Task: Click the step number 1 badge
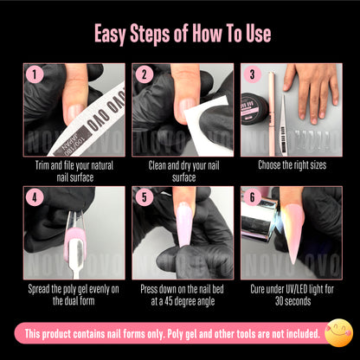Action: pos(35,74)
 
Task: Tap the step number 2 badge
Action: pos(144,74)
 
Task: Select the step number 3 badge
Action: pos(252,74)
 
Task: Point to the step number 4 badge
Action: pos(35,198)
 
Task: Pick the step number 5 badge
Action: pos(144,198)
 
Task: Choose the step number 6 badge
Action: pos(252,198)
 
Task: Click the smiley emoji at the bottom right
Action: pos(337,331)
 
